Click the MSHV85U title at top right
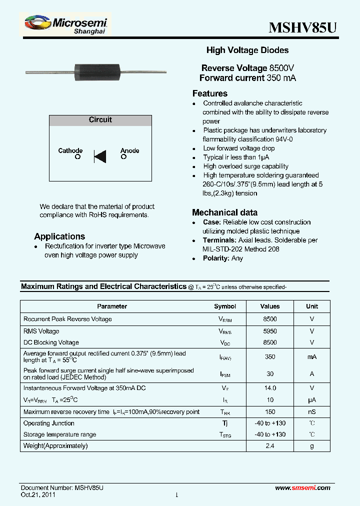pos(302,27)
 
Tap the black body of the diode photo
pos(95,72)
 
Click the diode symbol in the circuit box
pos(100,157)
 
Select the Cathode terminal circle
pos(77,157)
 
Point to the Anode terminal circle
pos(123,157)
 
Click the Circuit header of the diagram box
pos(100,120)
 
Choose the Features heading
pos(209,93)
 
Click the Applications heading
pos(59,236)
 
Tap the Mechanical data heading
pos(225,212)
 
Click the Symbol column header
pos(225,306)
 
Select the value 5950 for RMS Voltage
pos(269,331)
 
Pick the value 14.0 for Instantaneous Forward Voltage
pos(269,388)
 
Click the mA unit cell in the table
pos(311,357)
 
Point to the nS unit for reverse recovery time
pos(311,412)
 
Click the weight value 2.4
pos(269,445)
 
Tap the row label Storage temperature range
pos(59,434)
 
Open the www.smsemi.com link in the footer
pos(303,488)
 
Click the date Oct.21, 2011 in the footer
pos(38,495)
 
